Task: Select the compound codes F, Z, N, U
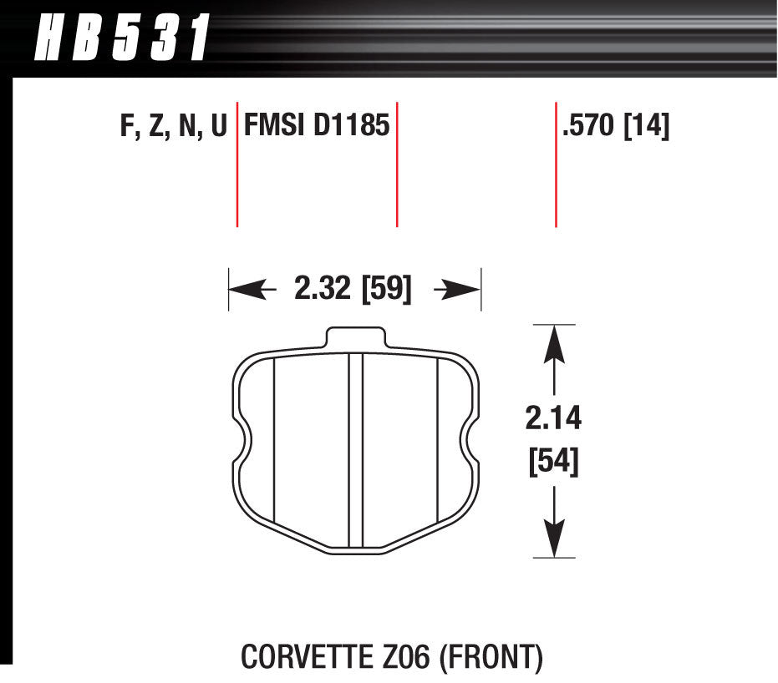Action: pos(173,126)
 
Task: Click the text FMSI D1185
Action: pos(317,126)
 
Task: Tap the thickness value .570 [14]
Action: pos(616,126)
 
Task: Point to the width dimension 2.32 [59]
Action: pos(353,290)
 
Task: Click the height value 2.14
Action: pos(552,417)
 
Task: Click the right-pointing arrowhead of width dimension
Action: pos(465,290)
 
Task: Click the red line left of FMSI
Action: pos(237,167)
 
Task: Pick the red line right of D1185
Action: pos(396,167)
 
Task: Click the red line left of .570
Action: pos(556,167)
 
